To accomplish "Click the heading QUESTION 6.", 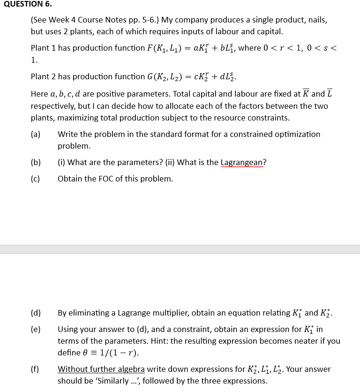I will pos(26,4).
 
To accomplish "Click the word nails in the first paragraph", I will pos(316,20).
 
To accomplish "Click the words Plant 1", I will pos(44,48).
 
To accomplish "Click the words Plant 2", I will pos(44,76).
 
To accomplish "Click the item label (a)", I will pos(36,134).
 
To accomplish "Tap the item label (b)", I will pos(36,162).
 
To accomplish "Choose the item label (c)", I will pos(36,179).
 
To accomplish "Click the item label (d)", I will pos(36,313).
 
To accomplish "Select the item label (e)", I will pos(36,329).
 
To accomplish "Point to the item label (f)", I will pos(36,369).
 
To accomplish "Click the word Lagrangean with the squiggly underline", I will pos(243,162).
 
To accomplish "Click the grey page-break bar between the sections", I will pos(180,249).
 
